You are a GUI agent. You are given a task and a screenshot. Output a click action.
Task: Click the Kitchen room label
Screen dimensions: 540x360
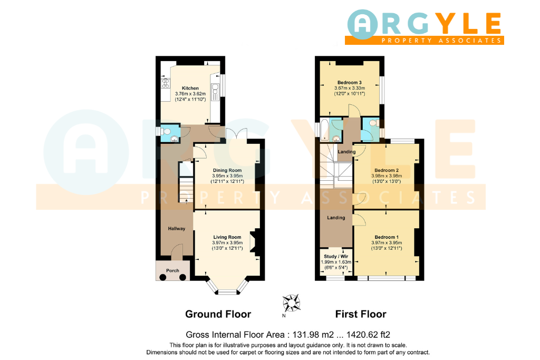pyautogui.click(x=190, y=88)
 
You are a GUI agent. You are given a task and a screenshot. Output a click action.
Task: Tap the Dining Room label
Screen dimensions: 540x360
pyautogui.click(x=227, y=170)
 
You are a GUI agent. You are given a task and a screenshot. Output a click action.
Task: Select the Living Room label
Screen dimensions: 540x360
pyautogui.click(x=227, y=237)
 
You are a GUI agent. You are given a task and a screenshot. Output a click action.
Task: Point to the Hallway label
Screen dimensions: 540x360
pyautogui.click(x=177, y=229)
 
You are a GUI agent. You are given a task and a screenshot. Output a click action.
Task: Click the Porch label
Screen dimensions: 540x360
pyautogui.click(x=172, y=270)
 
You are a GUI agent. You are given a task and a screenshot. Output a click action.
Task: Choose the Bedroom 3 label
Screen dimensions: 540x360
pyautogui.click(x=350, y=83)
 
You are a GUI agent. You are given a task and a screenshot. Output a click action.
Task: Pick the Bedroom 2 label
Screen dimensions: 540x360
pyautogui.click(x=387, y=170)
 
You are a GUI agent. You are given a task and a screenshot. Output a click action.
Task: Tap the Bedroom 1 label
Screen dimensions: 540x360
pyautogui.click(x=387, y=237)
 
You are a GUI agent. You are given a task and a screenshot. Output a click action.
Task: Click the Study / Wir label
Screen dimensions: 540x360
pyautogui.click(x=336, y=256)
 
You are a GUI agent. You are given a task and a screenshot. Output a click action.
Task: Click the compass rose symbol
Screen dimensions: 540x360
pyautogui.click(x=291, y=303)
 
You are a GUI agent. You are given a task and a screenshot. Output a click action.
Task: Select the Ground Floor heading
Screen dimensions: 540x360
pyautogui.click(x=218, y=314)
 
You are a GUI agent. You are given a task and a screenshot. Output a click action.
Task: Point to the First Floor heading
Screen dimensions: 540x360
pyautogui.click(x=361, y=314)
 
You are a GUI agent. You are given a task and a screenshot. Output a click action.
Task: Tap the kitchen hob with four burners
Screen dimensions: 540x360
pyautogui.click(x=166, y=84)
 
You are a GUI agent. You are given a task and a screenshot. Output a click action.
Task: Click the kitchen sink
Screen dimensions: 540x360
pyautogui.click(x=215, y=92)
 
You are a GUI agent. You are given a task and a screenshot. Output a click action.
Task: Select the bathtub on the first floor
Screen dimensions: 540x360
pyautogui.click(x=324, y=130)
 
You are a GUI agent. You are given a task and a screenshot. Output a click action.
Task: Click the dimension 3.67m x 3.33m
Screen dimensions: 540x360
pyautogui.click(x=350, y=88)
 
